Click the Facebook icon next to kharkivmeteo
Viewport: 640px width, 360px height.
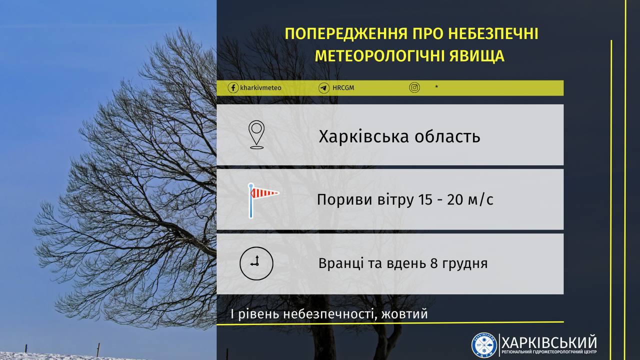click(233, 88)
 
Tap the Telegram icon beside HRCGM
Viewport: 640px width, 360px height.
click(324, 88)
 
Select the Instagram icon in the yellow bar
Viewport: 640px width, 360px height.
click(414, 88)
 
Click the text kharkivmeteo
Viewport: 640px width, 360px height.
click(260, 88)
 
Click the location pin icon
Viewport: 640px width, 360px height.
click(256, 134)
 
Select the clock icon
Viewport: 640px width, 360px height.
click(256, 263)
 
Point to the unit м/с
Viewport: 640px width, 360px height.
click(481, 199)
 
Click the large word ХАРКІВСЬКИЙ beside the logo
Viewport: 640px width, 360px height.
click(549, 342)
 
